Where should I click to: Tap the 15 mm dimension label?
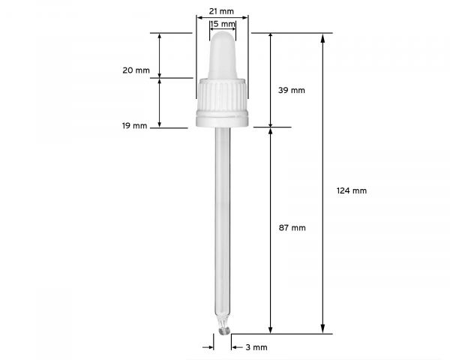pyautogui.click(x=223, y=24)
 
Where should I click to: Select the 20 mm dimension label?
pyautogui.click(x=136, y=70)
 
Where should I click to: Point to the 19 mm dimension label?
pyautogui.click(x=135, y=125)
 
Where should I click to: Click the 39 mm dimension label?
pyautogui.click(x=292, y=90)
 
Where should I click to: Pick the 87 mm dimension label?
pyautogui.click(x=292, y=227)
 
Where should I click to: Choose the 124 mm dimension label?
pyautogui.click(x=352, y=190)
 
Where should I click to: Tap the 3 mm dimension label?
pyautogui.click(x=256, y=347)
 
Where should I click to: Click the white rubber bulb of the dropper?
pyautogui.click(x=223, y=52)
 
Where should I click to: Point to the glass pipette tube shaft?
pyautogui.click(x=223, y=225)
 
